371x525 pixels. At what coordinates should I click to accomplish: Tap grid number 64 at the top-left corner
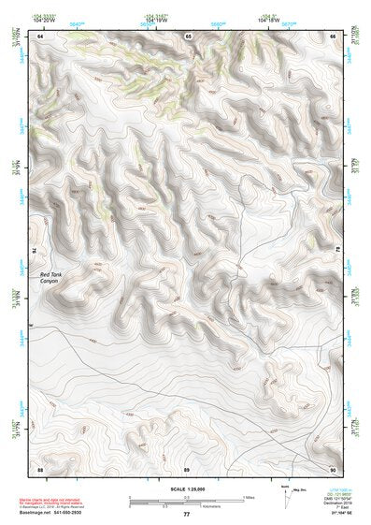point(40,36)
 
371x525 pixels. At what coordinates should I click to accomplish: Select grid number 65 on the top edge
point(188,36)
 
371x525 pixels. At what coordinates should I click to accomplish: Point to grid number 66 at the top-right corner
point(334,36)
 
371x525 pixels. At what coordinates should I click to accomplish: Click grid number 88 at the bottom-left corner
point(40,467)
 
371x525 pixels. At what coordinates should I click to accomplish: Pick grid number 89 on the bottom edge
point(187,467)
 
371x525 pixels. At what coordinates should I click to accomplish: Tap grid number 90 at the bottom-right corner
point(333,467)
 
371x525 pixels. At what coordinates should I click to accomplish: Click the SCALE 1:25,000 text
point(186,489)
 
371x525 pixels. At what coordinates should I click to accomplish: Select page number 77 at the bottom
point(186,515)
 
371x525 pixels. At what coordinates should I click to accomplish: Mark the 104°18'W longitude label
point(269,20)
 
